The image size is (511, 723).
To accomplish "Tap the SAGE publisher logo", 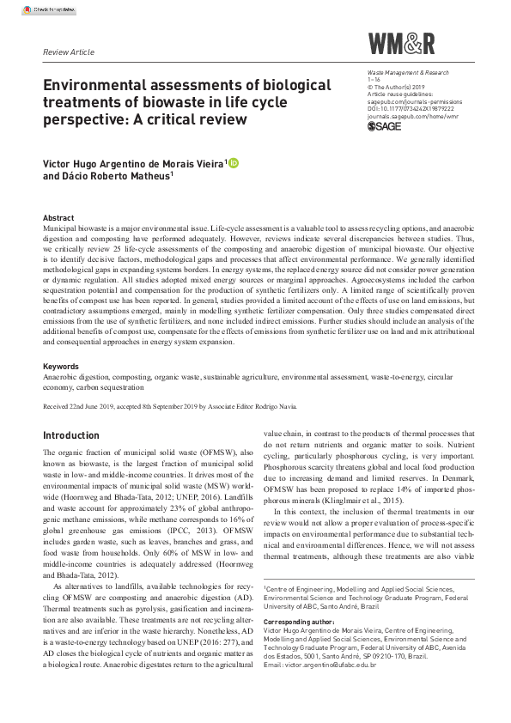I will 386,127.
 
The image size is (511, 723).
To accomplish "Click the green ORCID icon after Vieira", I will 233,163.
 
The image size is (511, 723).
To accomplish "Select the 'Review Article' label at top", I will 68,52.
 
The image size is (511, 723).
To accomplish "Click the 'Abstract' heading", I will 58,219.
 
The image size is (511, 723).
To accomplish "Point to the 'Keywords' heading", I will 61,367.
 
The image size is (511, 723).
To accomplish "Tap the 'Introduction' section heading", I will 70,435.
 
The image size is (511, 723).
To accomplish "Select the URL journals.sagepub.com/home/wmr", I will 411,116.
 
